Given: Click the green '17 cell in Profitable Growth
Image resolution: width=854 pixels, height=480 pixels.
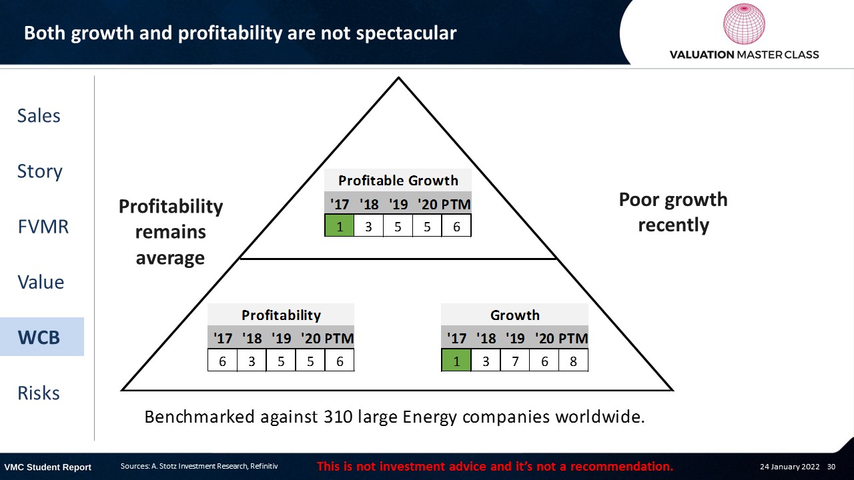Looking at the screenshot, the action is point(340,225).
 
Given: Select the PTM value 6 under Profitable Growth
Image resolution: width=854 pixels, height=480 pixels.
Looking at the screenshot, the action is point(456,225).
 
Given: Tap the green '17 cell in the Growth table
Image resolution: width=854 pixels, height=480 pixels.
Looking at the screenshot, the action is point(456,361).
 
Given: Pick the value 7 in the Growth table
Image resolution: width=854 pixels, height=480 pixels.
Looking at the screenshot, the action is point(515,361).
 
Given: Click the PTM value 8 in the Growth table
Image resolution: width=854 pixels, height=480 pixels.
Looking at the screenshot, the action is point(573,361).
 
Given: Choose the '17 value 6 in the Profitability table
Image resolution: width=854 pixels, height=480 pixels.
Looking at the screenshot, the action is point(222,361).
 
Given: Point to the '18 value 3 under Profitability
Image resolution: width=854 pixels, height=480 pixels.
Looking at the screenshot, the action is point(252,361).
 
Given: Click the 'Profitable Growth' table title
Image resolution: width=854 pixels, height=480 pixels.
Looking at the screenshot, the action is point(398,180).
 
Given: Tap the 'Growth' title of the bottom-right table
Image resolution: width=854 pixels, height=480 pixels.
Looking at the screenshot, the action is point(514,315).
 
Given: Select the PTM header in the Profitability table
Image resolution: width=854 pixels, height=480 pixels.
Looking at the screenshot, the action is point(339,338).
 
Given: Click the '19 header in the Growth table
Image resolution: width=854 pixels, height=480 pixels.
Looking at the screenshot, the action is point(514,338).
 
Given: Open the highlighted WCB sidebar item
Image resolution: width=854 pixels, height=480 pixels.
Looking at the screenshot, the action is point(39,337).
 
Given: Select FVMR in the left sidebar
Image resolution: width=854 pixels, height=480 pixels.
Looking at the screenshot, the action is point(43,226).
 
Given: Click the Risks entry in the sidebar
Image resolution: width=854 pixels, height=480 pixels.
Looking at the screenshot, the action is point(39,393).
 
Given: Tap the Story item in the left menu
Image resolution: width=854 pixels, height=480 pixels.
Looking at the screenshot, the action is point(39,171).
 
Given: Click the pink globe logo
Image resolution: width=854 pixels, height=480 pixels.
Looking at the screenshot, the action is point(744,23).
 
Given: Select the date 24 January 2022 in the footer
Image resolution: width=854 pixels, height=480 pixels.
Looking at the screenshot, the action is point(789,466).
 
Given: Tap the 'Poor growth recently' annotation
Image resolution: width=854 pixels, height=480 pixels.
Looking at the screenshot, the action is point(673,212).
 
